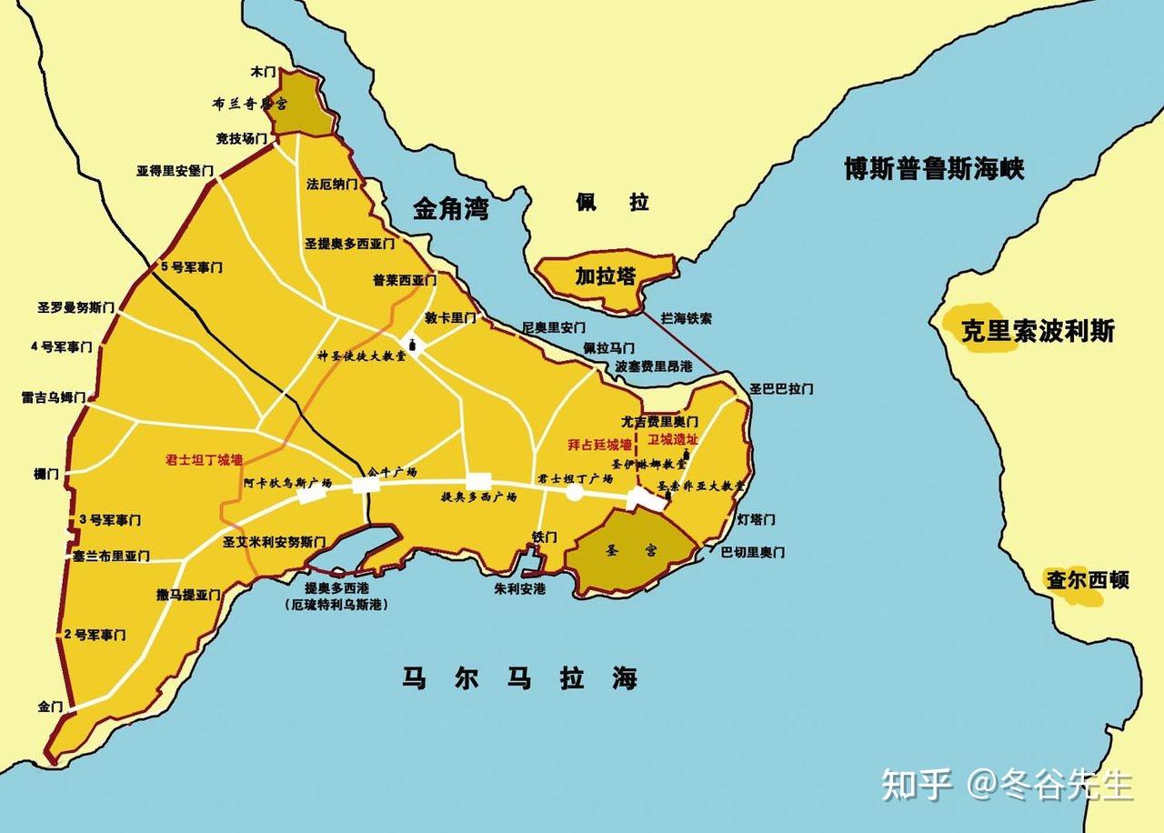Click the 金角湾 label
coord(450,210)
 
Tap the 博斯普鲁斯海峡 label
coord(934,169)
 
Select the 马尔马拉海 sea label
coord(519,678)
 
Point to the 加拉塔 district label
coord(605,276)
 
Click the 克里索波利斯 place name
coord(1038,330)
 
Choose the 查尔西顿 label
coord(1088,579)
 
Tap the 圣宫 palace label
coord(629,550)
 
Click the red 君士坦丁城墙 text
coord(204,459)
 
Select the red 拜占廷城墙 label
coord(598,445)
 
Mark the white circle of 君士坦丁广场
coord(574,492)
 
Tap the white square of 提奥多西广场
coord(478,481)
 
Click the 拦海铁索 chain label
coord(686,319)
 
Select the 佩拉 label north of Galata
coord(612,202)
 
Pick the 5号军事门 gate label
coord(191,267)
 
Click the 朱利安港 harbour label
coord(519,588)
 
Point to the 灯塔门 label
coord(756,519)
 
